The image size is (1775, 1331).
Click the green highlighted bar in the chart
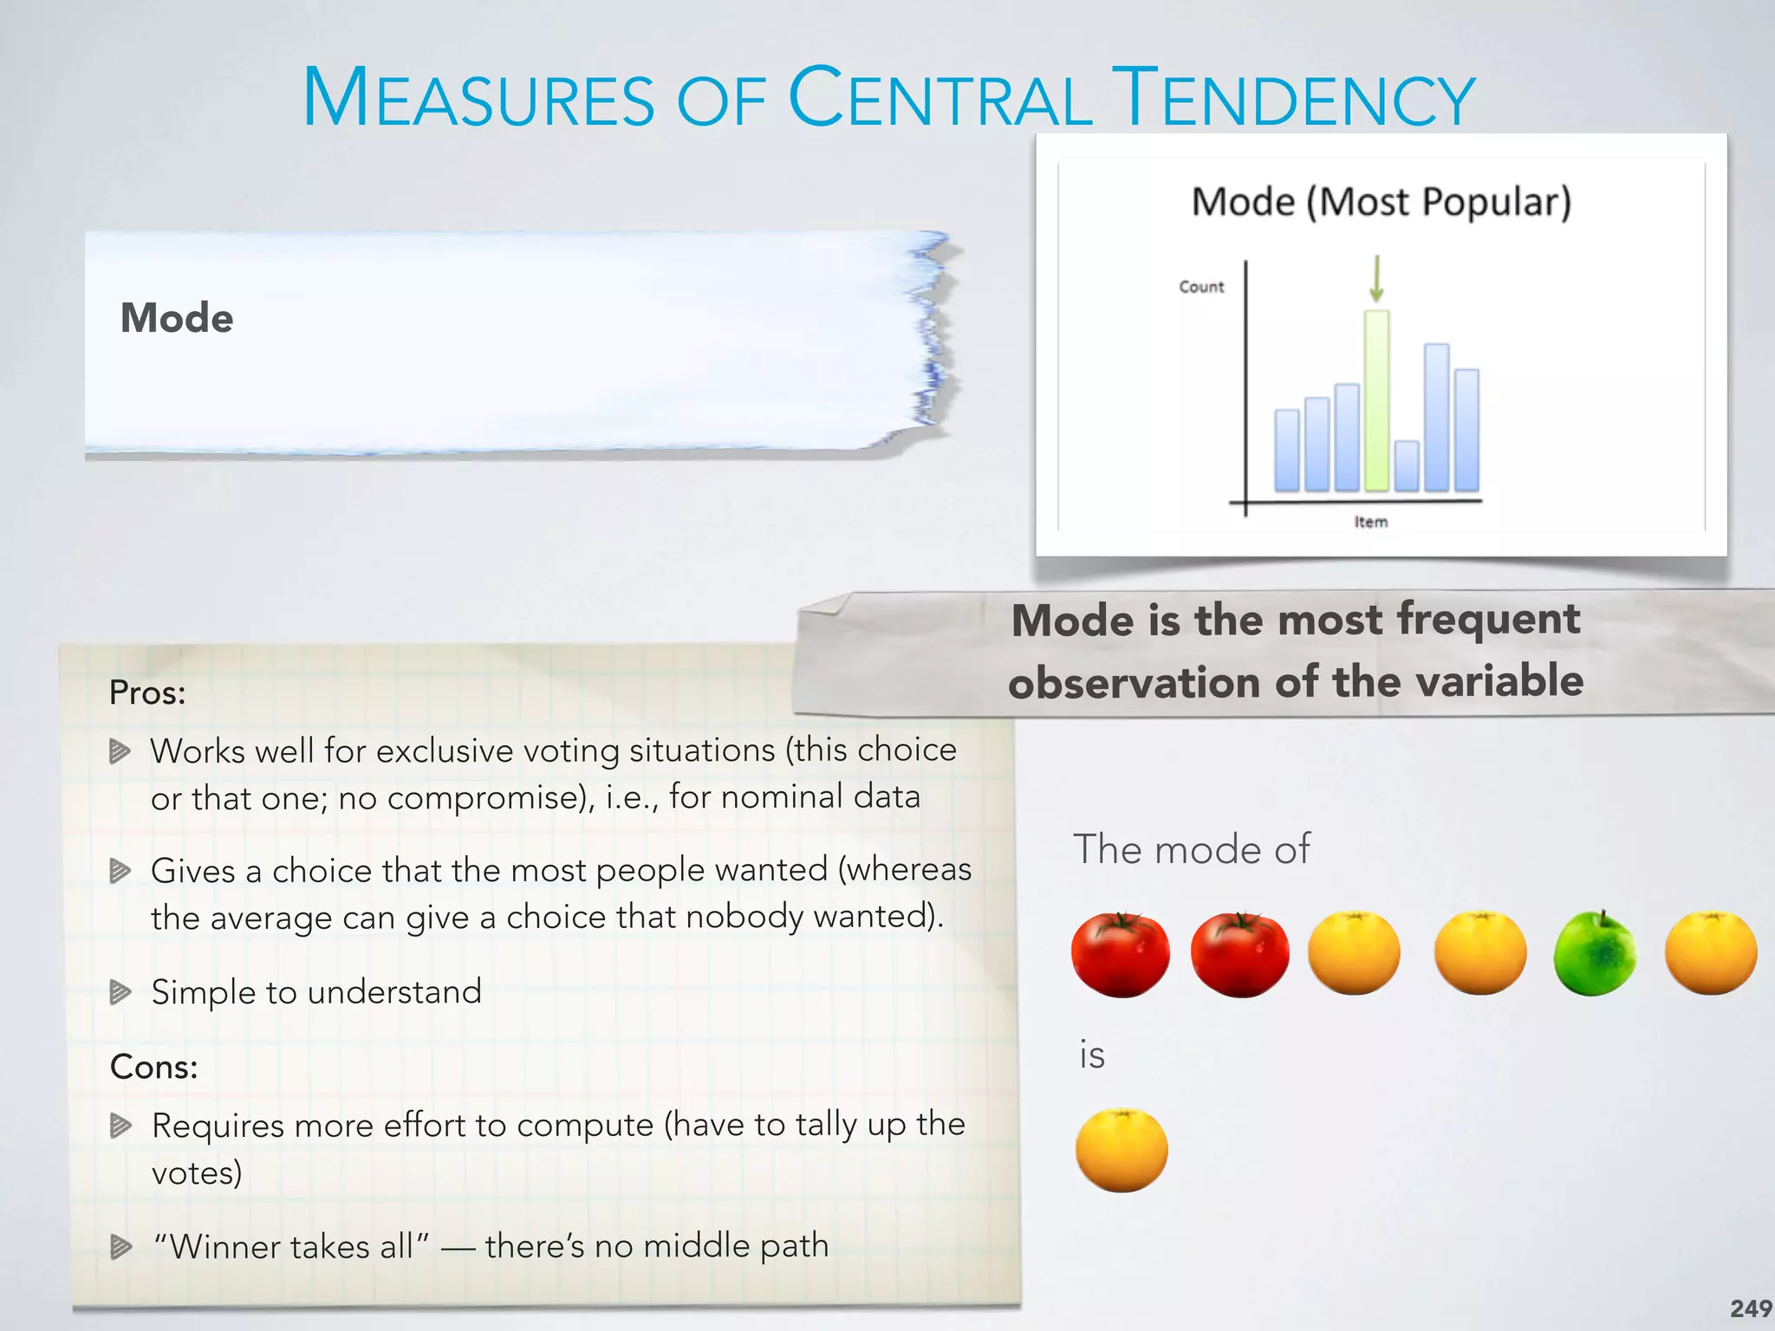1376,400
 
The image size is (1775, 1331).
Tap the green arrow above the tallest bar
1376,279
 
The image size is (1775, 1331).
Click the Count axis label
1201,287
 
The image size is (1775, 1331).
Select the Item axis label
1370,522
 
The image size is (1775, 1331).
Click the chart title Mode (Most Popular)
1381,202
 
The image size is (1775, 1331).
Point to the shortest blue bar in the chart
1407,466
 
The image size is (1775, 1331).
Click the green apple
1595,954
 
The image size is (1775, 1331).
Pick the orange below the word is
1122,1151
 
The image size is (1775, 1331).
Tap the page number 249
1750,1308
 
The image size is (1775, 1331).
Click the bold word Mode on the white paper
177,318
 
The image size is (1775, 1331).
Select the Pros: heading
147,692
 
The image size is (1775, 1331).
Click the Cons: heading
153,1067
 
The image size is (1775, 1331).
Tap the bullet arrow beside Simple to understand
120,991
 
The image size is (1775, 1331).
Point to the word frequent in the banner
1488,620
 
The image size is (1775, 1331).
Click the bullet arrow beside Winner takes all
120,1247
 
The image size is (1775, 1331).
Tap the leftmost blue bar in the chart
1287,451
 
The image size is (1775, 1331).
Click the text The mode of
1191,848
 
